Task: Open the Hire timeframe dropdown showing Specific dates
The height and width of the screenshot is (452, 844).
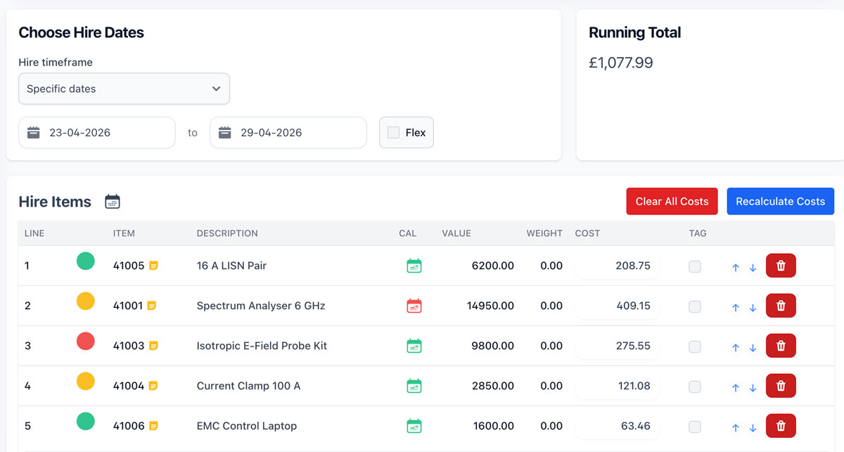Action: (x=124, y=89)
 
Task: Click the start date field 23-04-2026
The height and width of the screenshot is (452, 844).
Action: (x=97, y=133)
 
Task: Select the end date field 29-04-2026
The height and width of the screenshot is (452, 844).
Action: (x=288, y=133)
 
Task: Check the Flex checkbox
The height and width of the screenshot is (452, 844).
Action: (x=393, y=133)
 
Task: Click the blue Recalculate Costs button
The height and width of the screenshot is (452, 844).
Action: (x=780, y=201)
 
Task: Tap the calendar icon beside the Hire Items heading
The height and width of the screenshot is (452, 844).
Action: (x=113, y=202)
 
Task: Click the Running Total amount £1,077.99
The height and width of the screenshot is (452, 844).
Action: (x=620, y=63)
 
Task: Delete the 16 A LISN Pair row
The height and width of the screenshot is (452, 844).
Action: (x=781, y=266)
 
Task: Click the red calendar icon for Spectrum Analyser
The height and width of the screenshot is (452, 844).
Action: (x=414, y=306)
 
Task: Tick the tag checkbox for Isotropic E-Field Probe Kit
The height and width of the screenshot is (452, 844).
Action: (x=695, y=346)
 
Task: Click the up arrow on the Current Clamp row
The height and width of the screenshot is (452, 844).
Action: (x=736, y=387)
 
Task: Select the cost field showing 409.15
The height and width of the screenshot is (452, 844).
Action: (x=618, y=306)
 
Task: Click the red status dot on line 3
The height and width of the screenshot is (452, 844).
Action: (x=86, y=341)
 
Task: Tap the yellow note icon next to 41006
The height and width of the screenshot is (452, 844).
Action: (x=153, y=426)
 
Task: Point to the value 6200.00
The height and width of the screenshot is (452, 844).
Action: (x=492, y=266)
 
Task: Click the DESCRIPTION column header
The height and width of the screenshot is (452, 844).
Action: (x=227, y=233)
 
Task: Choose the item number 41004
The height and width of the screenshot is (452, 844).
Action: (x=129, y=386)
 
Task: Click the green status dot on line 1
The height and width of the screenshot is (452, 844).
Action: (x=86, y=261)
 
